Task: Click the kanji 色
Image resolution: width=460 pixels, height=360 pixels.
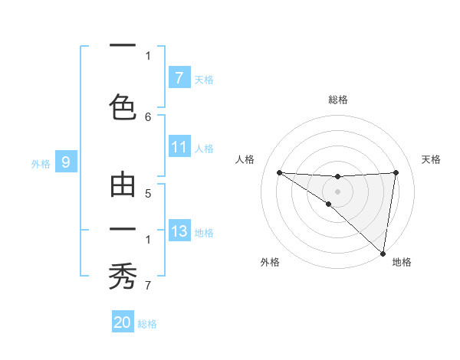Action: coord(123,105)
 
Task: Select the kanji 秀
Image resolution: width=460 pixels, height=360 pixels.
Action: coord(123,274)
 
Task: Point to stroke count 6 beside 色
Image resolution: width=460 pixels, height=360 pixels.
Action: coord(148,116)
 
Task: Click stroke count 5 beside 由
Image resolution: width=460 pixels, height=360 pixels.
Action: coord(148,195)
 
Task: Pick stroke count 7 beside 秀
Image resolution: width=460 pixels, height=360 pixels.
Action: coord(148,286)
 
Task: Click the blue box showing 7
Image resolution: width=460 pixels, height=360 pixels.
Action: coord(179,78)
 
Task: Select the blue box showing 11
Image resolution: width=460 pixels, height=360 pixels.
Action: coord(179,147)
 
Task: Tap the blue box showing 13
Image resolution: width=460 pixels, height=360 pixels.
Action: coord(179,231)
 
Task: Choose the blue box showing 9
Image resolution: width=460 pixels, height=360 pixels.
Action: coord(66,162)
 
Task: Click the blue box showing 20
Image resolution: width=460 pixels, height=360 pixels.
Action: coord(122,322)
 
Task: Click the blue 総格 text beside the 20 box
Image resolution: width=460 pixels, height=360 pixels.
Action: coord(147,324)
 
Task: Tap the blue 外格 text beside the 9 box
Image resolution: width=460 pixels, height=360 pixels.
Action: coord(41,163)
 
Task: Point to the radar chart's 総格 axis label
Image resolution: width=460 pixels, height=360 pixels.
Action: coord(337,100)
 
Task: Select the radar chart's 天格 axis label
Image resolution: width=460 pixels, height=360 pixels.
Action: coord(431,159)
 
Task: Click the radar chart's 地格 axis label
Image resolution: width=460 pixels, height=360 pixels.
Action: coord(402,262)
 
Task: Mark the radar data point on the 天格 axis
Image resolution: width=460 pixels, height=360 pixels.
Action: coord(396,172)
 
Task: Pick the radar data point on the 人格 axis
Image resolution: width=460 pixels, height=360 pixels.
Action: coord(279,172)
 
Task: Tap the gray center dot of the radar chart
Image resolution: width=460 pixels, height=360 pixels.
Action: coord(337,191)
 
